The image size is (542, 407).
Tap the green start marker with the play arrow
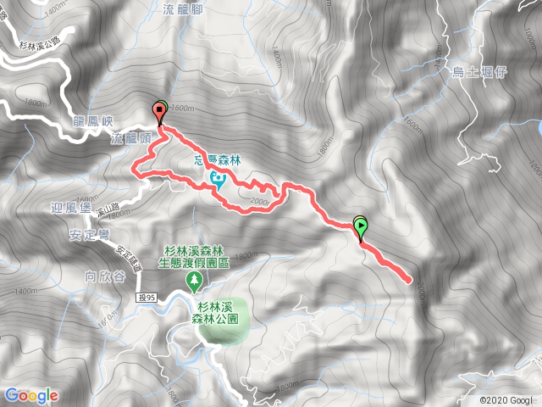pos(362,226)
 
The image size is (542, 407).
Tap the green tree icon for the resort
pos(196,278)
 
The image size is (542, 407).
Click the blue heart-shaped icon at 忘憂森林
pos(218,178)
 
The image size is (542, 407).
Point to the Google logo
pos(31,395)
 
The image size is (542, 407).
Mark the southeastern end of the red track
pos(412,279)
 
